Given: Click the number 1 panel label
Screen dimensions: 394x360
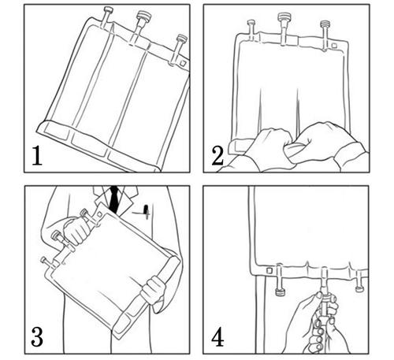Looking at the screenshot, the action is click(x=37, y=156).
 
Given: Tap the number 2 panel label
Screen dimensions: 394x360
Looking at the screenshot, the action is click(x=217, y=156).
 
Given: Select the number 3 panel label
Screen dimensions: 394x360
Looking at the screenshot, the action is click(x=37, y=336).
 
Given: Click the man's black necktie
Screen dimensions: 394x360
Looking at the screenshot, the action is click(x=114, y=199).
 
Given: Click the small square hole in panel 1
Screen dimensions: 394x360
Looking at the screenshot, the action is click(x=183, y=63).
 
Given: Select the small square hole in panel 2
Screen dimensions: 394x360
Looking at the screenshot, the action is click(x=334, y=46).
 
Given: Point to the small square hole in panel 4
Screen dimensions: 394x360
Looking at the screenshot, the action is click(x=269, y=270).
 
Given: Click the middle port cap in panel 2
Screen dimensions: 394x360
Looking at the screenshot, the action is click(x=283, y=17).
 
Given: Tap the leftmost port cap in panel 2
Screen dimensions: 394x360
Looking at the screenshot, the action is click(x=251, y=23).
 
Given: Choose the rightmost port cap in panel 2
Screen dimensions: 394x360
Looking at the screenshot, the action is click(x=325, y=24).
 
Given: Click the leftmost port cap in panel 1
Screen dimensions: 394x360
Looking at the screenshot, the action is click(x=109, y=10).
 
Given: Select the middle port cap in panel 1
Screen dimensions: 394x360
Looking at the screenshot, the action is click(x=144, y=15).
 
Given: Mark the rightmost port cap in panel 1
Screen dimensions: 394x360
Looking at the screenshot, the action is click(x=182, y=38).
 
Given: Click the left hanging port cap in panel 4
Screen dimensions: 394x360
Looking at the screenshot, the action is click(x=280, y=291).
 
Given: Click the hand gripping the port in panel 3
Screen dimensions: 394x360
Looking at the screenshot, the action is click(x=76, y=230).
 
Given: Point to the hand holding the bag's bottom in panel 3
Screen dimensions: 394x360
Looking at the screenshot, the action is click(x=154, y=291).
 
